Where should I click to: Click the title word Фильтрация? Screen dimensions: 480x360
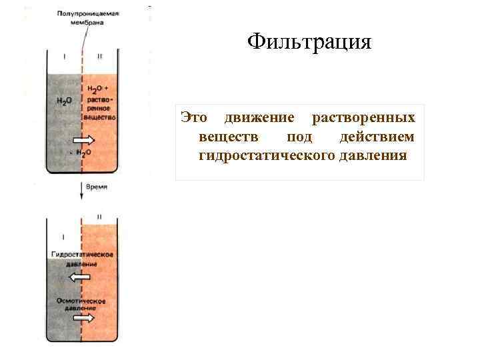point(308,43)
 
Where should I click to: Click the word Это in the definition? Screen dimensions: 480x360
point(195,118)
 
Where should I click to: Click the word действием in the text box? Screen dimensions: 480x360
point(376,137)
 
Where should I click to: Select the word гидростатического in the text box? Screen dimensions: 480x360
point(262,156)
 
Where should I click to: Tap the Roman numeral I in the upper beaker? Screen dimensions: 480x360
point(65,57)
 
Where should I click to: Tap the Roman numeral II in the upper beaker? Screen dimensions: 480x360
point(99,57)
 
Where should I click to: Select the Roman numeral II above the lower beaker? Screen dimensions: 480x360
point(99,217)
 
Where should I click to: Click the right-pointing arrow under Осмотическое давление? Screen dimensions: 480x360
point(83,319)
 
